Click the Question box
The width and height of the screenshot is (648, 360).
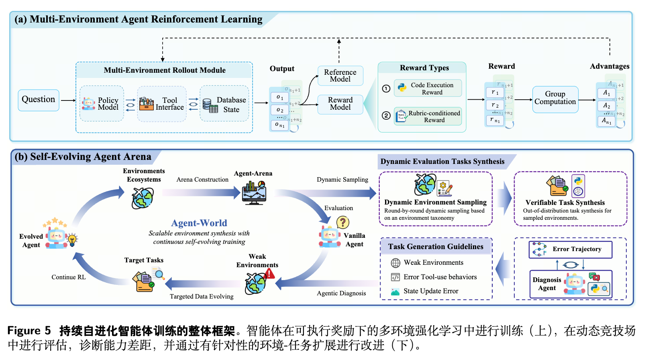[39, 100]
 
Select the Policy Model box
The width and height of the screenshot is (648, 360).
[102, 104]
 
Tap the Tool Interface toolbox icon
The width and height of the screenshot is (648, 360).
[147, 104]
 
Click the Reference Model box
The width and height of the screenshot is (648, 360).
[340, 76]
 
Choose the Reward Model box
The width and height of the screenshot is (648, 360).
[340, 104]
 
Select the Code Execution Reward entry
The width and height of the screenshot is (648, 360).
[428, 88]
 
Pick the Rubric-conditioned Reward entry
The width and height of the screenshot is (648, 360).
[428, 117]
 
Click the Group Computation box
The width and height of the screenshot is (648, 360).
[555, 98]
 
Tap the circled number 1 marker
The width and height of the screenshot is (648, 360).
[386, 88]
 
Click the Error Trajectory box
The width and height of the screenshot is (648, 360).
[571, 250]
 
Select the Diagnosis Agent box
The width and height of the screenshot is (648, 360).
[571, 284]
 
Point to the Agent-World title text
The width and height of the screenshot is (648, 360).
[199, 223]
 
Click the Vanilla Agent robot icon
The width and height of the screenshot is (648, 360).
[330, 236]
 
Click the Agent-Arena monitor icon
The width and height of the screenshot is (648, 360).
[254, 192]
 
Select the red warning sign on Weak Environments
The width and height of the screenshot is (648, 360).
[270, 274]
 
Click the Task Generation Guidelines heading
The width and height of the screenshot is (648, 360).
[436, 247]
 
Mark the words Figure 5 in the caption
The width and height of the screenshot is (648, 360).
[29, 331]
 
